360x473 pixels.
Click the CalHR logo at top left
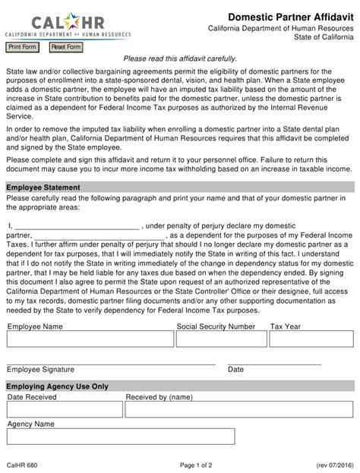click(x=54, y=21)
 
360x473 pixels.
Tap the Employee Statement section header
click(x=44, y=187)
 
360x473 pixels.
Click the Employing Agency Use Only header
click(x=58, y=386)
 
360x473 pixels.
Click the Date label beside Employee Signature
click(x=236, y=369)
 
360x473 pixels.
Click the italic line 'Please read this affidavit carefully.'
click(x=180, y=58)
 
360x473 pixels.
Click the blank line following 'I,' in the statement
click(x=77, y=225)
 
